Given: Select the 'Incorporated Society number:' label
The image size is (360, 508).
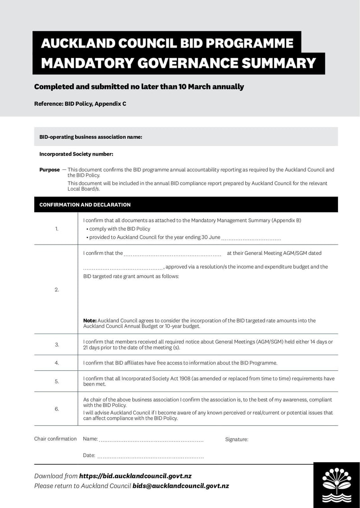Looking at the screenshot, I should click(76, 154).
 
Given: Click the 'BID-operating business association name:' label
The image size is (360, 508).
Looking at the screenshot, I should click(90, 137).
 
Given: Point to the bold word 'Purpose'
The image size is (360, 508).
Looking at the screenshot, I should click(49, 170).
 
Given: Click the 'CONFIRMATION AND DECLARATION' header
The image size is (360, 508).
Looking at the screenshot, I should click(85, 205).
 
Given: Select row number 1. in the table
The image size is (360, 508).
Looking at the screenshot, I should click(57, 229).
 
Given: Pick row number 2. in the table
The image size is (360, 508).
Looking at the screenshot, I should click(57, 290).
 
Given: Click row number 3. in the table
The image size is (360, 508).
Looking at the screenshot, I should click(57, 345).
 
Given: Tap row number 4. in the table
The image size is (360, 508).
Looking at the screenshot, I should click(57, 363).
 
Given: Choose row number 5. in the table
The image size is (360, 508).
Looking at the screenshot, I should click(57, 381).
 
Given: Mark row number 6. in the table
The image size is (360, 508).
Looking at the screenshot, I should click(57, 409).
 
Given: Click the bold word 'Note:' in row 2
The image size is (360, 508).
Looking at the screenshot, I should click(90, 321).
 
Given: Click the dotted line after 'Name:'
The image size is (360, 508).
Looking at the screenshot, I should click(151, 440).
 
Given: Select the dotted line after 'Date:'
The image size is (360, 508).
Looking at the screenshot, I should click(150, 456).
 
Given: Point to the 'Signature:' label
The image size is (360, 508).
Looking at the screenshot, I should click(237, 439).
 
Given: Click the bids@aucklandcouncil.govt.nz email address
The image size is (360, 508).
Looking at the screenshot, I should click(180, 486).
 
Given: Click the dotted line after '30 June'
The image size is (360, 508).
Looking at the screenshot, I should click(251, 238).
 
